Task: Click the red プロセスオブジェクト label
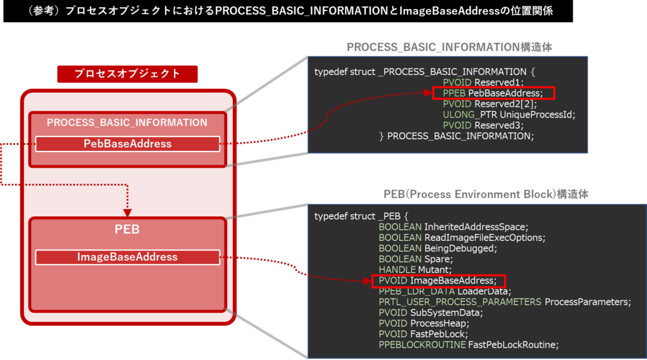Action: pyautogui.click(x=127, y=74)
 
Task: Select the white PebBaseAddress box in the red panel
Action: pyautogui.click(x=127, y=144)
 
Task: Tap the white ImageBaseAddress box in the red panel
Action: pyautogui.click(x=127, y=257)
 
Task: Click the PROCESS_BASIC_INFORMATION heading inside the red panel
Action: pyautogui.click(x=127, y=122)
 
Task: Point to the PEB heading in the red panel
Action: pyautogui.click(x=127, y=229)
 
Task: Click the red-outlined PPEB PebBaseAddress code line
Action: pyautogui.click(x=493, y=93)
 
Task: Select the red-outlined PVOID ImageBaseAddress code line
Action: pyautogui.click(x=438, y=281)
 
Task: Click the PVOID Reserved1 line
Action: pyautogui.click(x=483, y=83)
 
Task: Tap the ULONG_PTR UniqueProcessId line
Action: pyautogui.click(x=509, y=115)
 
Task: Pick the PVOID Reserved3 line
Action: pyautogui.click(x=483, y=125)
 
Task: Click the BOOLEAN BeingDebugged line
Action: pyautogui.click(x=437, y=248)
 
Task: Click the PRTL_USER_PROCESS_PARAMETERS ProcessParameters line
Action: pyautogui.click(x=504, y=302)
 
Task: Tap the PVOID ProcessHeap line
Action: pyautogui.click(x=424, y=323)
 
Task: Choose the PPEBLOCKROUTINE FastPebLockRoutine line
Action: pyautogui.click(x=468, y=344)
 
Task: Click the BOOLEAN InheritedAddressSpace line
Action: pyautogui.click(x=454, y=227)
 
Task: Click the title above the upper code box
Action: pyautogui.click(x=450, y=47)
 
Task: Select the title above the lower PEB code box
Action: pyautogui.click(x=486, y=194)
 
